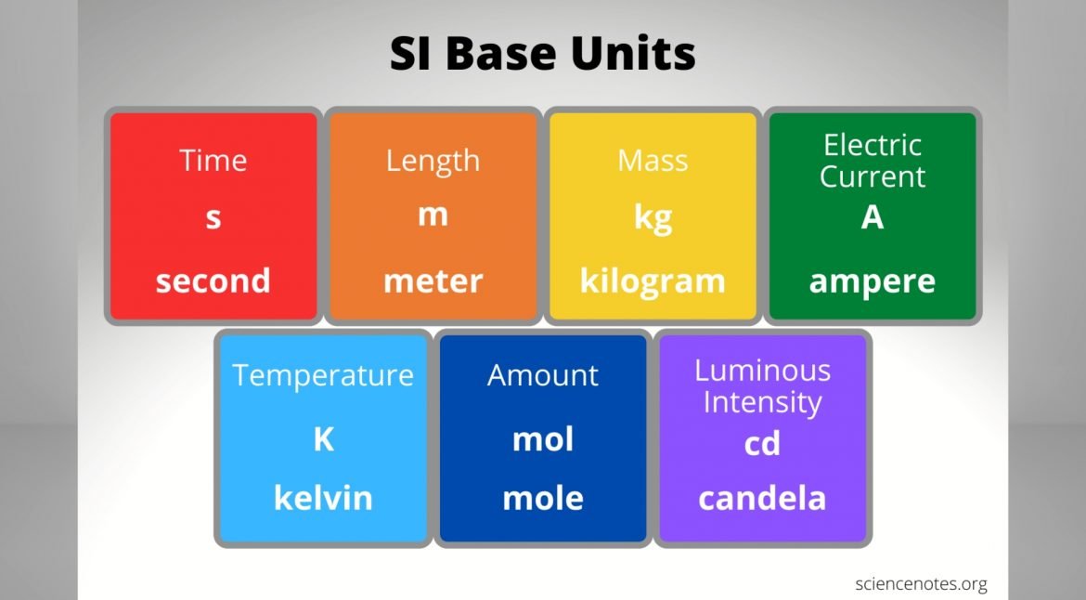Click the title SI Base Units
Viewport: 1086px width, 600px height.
point(542,53)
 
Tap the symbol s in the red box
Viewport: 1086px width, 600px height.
point(213,218)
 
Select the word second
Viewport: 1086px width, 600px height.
point(213,280)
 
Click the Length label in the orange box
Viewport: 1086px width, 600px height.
point(433,162)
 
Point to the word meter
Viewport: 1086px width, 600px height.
point(433,281)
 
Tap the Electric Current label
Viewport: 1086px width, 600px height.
point(872,161)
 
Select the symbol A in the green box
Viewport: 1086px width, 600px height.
point(873,217)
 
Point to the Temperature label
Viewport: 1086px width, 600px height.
point(323,375)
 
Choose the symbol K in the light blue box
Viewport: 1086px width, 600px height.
point(323,439)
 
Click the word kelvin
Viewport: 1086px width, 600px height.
point(323,498)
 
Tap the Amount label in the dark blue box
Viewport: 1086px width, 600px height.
point(543,375)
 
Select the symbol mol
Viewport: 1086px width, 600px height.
point(543,439)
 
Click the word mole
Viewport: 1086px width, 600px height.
point(543,498)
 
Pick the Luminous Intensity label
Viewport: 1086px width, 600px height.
point(763,386)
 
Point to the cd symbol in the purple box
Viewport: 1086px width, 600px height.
point(763,443)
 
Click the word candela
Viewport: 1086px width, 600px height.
point(763,498)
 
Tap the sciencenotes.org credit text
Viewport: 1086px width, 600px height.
point(921,584)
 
